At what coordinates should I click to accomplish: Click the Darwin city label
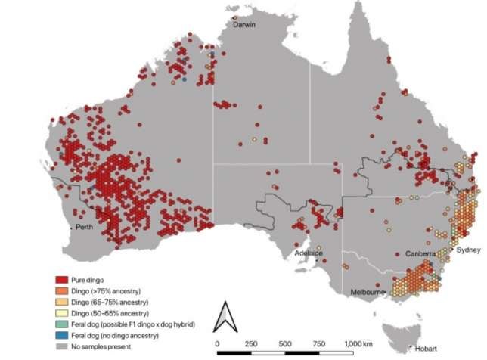click(x=243, y=25)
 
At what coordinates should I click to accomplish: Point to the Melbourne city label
click(x=369, y=291)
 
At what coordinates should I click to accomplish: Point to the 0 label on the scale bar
click(x=218, y=343)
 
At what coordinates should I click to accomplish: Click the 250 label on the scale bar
click(x=251, y=343)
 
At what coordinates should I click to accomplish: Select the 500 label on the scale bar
click(x=285, y=343)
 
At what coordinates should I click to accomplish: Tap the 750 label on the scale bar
click(x=318, y=343)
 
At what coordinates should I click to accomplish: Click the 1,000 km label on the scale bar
click(x=357, y=343)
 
